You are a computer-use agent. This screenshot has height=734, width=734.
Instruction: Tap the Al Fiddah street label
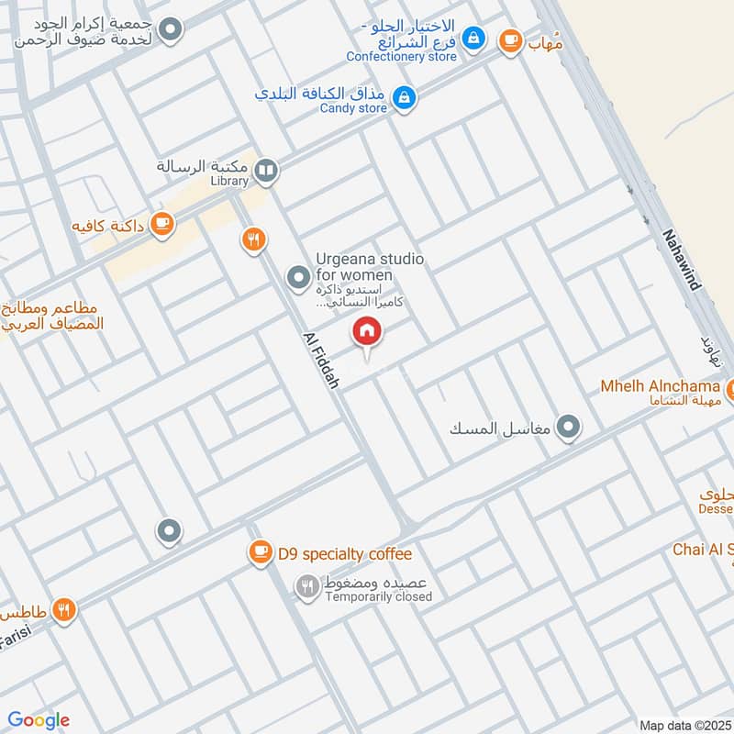tap(320, 359)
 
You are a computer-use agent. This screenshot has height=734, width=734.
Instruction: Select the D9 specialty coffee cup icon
tap(261, 551)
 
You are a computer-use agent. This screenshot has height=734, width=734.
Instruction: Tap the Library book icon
tap(266, 169)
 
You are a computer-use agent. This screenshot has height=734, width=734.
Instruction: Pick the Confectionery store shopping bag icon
tap(473, 39)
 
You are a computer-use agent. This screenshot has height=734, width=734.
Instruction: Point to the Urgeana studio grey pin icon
tap(297, 275)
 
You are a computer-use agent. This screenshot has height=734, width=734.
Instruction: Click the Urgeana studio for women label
tap(370, 267)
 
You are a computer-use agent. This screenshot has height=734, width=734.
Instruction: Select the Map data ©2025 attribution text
tap(685, 725)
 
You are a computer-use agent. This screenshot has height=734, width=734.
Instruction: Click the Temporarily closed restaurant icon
tap(306, 585)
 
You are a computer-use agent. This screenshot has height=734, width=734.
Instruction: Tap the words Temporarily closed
tap(377, 597)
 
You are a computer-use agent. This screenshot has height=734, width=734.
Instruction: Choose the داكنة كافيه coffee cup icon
tap(162, 224)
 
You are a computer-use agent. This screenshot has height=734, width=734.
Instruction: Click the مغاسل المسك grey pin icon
tap(570, 427)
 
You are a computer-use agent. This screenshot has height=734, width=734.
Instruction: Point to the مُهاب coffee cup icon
tap(510, 41)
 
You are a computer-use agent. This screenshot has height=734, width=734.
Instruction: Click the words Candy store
tap(353, 108)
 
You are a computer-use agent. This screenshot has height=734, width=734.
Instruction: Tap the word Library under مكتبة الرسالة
tap(228, 181)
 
